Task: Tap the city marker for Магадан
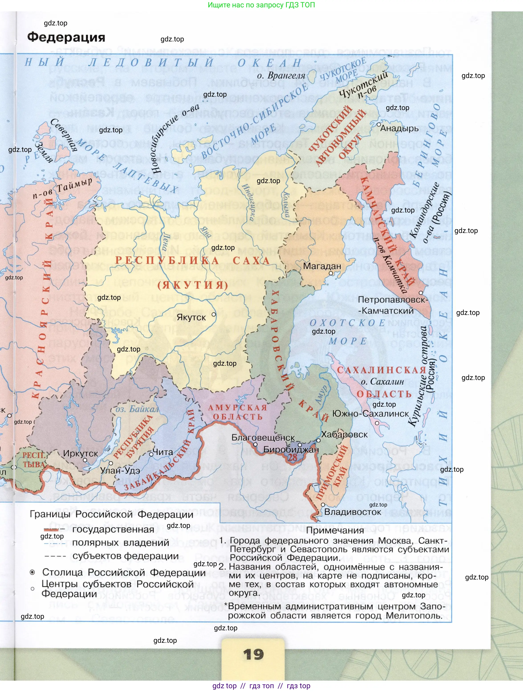coord(331,273)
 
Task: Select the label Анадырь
coord(399,128)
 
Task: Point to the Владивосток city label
coord(352,512)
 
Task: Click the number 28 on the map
coord(293,457)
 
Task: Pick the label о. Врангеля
coord(281,76)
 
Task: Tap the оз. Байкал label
coord(137,409)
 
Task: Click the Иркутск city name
coord(80,453)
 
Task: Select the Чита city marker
coord(151,454)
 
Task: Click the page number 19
coord(253,654)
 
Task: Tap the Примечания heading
coord(335,530)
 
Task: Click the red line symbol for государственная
coord(51,530)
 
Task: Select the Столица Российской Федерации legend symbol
coord(32,572)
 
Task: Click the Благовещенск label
coord(263,437)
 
